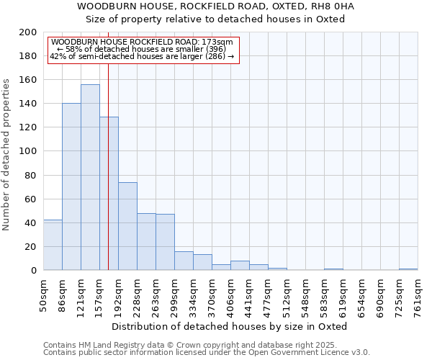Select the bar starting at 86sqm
pos(71,186)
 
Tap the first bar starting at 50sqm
pos(53,245)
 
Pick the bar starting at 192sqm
pos(127,226)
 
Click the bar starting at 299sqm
pos(184,261)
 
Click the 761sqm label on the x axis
pos(418,295)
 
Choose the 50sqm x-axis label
pos(44,294)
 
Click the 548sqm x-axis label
pos(306,295)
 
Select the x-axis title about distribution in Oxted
pos(230,326)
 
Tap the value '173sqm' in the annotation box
pos(218,42)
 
